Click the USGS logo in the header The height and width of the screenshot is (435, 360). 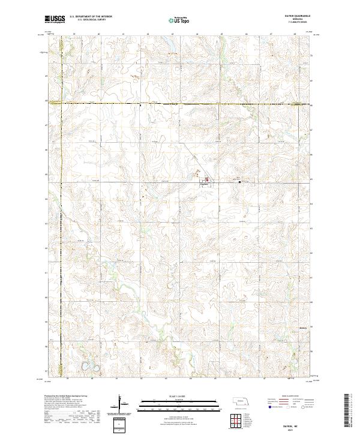pyautogui.click(x=55, y=20)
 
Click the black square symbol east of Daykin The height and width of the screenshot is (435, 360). pyautogui.click(x=240, y=182)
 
